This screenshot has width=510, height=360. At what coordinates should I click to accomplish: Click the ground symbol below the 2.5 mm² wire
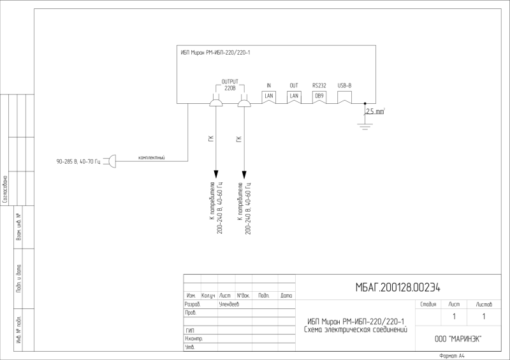tap(365, 126)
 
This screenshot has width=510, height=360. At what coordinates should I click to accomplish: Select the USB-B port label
tap(344, 85)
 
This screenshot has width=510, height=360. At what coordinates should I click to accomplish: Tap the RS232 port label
tap(319, 85)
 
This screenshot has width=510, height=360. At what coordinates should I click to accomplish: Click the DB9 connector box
tap(319, 96)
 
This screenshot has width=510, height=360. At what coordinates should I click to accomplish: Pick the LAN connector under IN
tap(269, 96)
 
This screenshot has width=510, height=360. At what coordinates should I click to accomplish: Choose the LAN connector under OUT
tap(294, 96)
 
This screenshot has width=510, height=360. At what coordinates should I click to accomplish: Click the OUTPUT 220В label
tap(229, 85)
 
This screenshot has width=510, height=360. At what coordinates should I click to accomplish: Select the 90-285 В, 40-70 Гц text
tap(78, 162)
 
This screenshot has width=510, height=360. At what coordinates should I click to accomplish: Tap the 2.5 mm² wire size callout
tap(374, 112)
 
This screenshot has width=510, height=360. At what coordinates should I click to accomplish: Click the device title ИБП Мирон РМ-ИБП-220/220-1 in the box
tap(215, 52)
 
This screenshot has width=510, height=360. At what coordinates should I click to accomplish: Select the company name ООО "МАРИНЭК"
tap(458, 339)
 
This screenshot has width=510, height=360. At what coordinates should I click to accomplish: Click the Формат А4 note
tap(453, 356)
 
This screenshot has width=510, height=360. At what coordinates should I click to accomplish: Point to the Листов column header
tap(484, 305)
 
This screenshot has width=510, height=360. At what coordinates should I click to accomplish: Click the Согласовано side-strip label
tap(5, 189)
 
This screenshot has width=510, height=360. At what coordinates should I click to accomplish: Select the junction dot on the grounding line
tap(365, 103)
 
